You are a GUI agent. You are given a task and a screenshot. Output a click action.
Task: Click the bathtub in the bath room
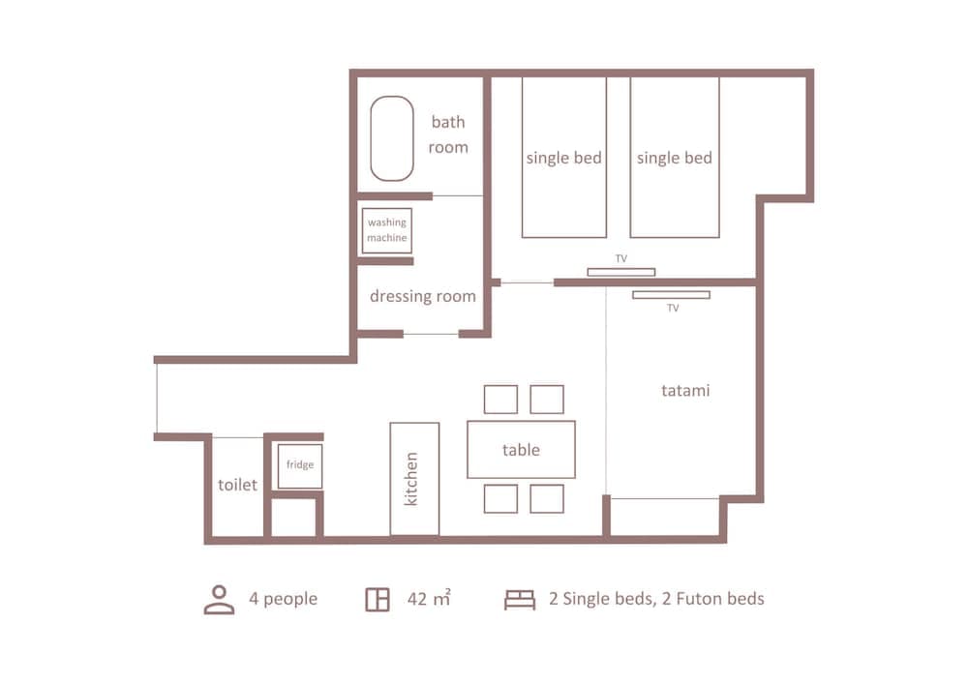(392, 137)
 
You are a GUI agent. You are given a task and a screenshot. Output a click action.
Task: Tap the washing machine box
(387, 230)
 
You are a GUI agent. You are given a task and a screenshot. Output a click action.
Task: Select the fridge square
(299, 465)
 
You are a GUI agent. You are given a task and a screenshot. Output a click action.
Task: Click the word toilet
(237, 485)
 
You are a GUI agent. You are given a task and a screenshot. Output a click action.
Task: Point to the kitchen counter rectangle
(414, 478)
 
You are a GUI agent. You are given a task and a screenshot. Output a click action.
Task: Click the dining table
(521, 450)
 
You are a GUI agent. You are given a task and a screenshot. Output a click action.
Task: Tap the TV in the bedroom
(620, 272)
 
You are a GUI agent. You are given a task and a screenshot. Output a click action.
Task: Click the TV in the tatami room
(671, 294)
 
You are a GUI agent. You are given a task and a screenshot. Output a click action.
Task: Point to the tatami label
(685, 391)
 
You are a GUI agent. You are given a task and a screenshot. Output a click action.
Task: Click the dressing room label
(423, 296)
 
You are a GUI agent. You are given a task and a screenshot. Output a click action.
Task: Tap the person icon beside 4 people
(220, 599)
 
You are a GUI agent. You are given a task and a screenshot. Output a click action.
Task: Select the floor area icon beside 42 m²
(378, 599)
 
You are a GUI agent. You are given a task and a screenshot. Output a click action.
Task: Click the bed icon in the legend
(520, 600)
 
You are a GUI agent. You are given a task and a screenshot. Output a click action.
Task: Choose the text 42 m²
(429, 599)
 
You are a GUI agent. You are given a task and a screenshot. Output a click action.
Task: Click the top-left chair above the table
(500, 400)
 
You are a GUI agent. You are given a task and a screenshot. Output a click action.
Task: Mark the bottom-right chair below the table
(547, 498)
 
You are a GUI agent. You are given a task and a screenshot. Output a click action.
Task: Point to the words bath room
(448, 134)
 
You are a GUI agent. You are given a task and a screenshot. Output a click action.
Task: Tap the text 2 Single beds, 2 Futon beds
(656, 599)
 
